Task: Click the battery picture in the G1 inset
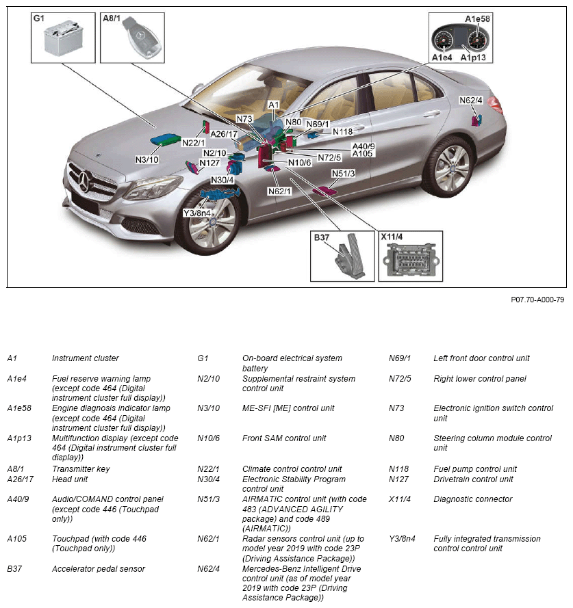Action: pyautogui.click(x=65, y=39)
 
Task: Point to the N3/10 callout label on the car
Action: pyautogui.click(x=147, y=160)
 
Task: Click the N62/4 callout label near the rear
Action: pyautogui.click(x=471, y=100)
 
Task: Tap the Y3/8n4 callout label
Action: pyautogui.click(x=196, y=213)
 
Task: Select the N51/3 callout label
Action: pyautogui.click(x=343, y=174)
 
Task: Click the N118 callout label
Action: pyautogui.click(x=342, y=131)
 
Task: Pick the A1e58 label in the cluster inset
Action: pyautogui.click(x=478, y=19)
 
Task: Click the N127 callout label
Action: pyautogui.click(x=209, y=163)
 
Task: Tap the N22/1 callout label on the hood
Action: pyautogui.click(x=194, y=142)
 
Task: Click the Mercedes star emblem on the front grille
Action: pyautogui.click(x=86, y=183)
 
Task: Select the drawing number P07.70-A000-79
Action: pyautogui.click(x=537, y=299)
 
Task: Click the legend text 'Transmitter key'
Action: pyautogui.click(x=81, y=469)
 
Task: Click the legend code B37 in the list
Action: pyautogui.click(x=15, y=568)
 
